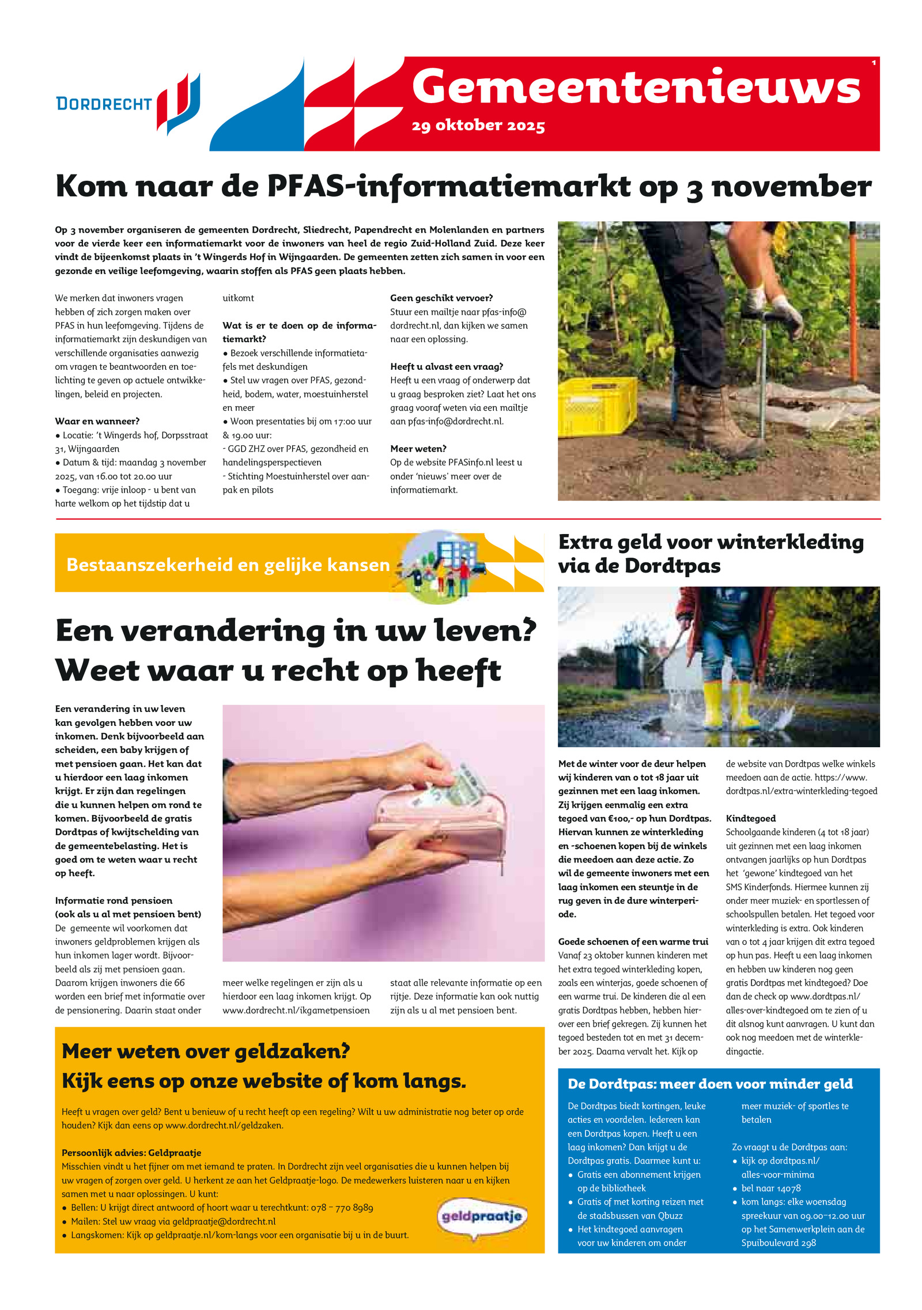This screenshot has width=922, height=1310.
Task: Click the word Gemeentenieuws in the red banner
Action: [636, 87]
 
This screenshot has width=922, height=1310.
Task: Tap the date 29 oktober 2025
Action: [478, 126]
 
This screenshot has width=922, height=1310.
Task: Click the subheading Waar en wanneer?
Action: [97, 421]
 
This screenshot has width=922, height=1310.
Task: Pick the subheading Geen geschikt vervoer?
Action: [441, 298]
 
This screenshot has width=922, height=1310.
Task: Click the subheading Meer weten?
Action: [418, 449]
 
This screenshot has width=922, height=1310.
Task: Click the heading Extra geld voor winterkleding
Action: [711, 542]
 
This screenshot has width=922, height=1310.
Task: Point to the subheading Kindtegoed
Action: [750, 818]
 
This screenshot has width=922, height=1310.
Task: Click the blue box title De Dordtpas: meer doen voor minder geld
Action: [710, 1084]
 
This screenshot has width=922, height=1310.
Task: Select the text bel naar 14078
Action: [770, 1188]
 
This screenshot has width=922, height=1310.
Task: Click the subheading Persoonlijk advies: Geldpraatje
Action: [131, 1153]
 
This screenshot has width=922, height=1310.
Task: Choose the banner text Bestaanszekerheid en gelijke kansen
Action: [228, 565]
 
